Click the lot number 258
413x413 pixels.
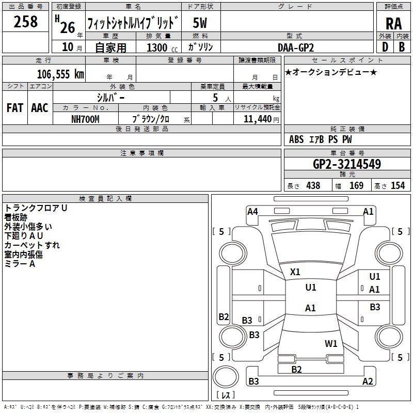pyautogui.click(x=25, y=22)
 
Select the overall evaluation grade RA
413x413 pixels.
pyautogui.click(x=393, y=24)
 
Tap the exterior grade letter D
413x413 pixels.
pyautogui.click(x=385, y=46)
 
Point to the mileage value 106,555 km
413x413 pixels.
pyautogui.click(x=60, y=74)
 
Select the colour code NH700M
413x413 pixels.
pyautogui.click(x=85, y=119)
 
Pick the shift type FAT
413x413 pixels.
pyautogui.click(x=14, y=108)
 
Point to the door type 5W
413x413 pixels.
pyautogui.click(x=200, y=23)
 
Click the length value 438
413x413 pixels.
pyautogui.click(x=313, y=185)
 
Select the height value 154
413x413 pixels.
pyautogui.click(x=398, y=185)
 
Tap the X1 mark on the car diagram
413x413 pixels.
pyautogui.click(x=295, y=272)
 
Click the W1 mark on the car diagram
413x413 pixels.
pyautogui.click(x=331, y=343)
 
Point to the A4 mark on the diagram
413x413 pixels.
pyautogui.click(x=252, y=211)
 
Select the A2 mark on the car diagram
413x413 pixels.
pyautogui.click(x=368, y=382)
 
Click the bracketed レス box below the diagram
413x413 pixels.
pyautogui.click(x=225, y=395)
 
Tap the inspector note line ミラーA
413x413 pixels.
pyautogui.click(x=20, y=264)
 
